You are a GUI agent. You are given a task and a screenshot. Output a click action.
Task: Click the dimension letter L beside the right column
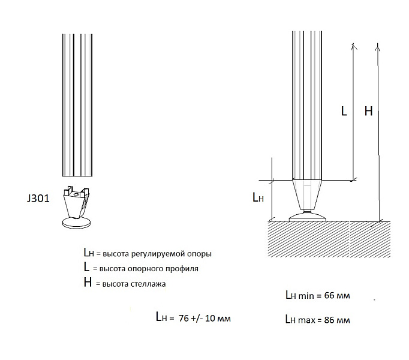pyautogui.click(x=344, y=111)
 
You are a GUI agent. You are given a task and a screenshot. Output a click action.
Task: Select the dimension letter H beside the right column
pyautogui.click(x=368, y=111)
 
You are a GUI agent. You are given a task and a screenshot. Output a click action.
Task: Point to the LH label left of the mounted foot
pyautogui.click(x=257, y=197)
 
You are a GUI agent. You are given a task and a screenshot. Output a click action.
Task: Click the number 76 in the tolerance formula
pyautogui.click(x=184, y=317)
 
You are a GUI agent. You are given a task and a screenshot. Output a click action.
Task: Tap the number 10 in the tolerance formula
pyautogui.click(x=212, y=317)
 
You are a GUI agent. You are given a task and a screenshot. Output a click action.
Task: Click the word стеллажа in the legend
pyautogui.click(x=146, y=283)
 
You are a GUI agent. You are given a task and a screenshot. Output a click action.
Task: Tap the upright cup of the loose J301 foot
pyautogui.click(x=79, y=202)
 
